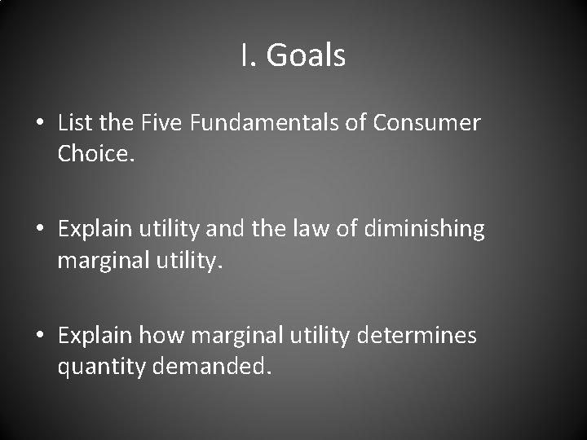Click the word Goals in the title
(x=306, y=55)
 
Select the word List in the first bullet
(x=74, y=123)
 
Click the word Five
(x=162, y=123)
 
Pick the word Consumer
(x=427, y=123)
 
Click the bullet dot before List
(x=39, y=124)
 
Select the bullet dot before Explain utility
(x=39, y=230)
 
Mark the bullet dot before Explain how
(x=39, y=336)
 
